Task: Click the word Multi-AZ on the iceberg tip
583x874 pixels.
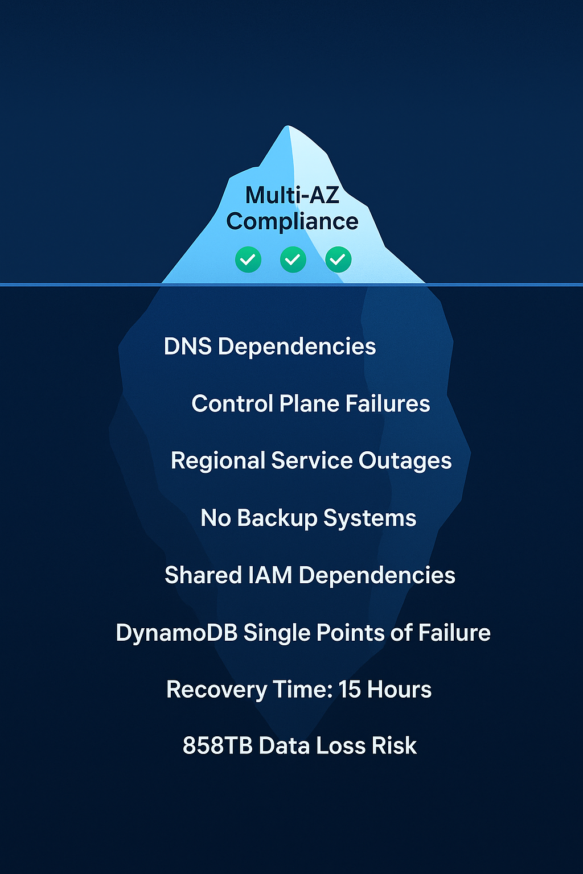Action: pyautogui.click(x=292, y=195)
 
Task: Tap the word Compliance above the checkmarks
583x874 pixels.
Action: pyautogui.click(x=292, y=221)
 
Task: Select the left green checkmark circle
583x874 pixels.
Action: pyautogui.click(x=248, y=259)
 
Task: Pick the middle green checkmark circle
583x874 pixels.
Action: pyautogui.click(x=293, y=259)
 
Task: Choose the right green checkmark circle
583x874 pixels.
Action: pyautogui.click(x=338, y=259)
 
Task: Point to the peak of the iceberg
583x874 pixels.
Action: pyautogui.click(x=288, y=127)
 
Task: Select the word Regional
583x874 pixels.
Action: pyautogui.click(x=218, y=461)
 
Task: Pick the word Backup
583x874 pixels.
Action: pyautogui.click(x=277, y=518)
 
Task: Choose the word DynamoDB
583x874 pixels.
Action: pyautogui.click(x=176, y=633)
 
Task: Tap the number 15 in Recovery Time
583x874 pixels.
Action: pyautogui.click(x=350, y=690)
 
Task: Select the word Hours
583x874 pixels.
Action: pyautogui.click(x=399, y=690)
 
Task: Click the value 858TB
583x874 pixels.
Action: pyautogui.click(x=217, y=746)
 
